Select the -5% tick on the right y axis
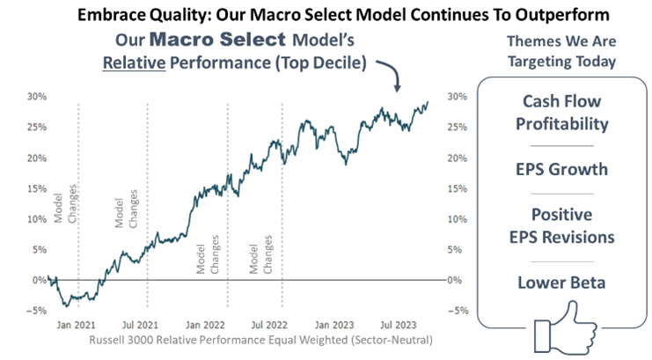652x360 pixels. pos(458,310)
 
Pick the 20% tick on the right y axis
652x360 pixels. pos(459,158)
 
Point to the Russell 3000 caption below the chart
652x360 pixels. pos(260,338)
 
